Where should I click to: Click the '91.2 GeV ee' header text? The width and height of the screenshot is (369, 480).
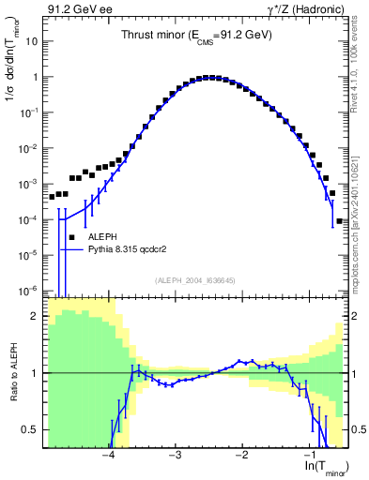[x=74, y=9]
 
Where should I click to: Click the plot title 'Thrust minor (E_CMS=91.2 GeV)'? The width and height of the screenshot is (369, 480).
[x=196, y=35]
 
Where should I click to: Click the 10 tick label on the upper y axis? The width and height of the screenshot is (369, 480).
[x=32, y=42]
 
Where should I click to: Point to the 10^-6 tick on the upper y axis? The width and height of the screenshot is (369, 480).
[x=28, y=290]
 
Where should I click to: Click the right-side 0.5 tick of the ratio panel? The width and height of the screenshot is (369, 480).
[x=357, y=429]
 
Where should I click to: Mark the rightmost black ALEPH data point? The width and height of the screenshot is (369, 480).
[x=339, y=221]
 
